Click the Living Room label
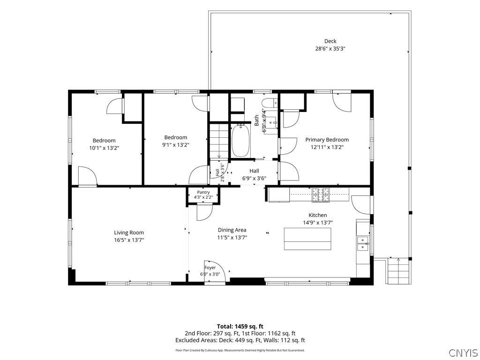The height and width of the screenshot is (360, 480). (129, 232)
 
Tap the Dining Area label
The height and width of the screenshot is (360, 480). (232, 230)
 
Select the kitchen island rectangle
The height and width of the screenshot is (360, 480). (307, 239)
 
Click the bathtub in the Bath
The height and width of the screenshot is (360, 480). (241, 141)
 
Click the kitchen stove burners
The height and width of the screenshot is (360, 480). (321, 195)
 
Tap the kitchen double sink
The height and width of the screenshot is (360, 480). (363, 243)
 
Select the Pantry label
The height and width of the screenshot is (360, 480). (203, 192)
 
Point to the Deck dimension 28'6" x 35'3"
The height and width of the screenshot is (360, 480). (330, 48)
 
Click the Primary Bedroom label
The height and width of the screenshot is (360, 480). (327, 140)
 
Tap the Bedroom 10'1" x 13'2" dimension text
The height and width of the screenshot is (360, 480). (104, 148)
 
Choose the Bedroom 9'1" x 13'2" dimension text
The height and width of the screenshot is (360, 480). (176, 145)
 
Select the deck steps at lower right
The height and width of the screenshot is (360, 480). (398, 271)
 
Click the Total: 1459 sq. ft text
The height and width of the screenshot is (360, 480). (240, 326)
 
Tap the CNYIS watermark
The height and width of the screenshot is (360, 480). (463, 352)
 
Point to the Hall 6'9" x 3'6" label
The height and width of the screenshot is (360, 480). (254, 174)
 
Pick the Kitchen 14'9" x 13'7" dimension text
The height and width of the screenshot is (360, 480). (318, 223)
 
